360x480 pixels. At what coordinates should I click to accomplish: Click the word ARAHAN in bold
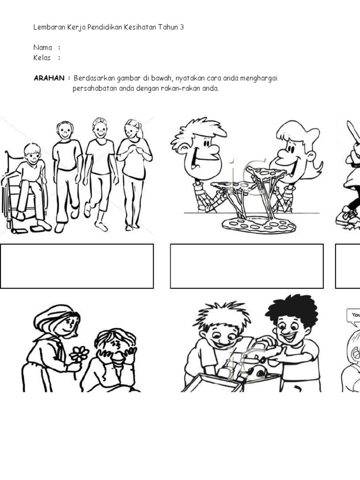point(48,78)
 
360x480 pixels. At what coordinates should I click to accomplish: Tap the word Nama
point(43,47)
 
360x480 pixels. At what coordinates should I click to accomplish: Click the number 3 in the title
point(182,27)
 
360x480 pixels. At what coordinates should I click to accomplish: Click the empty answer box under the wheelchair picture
point(77,266)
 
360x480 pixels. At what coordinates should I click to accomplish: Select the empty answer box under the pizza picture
point(247,266)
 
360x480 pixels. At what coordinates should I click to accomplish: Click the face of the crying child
point(115,349)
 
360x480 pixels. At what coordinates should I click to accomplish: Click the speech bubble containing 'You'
point(354,315)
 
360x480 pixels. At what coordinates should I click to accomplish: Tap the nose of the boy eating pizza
point(213,150)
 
